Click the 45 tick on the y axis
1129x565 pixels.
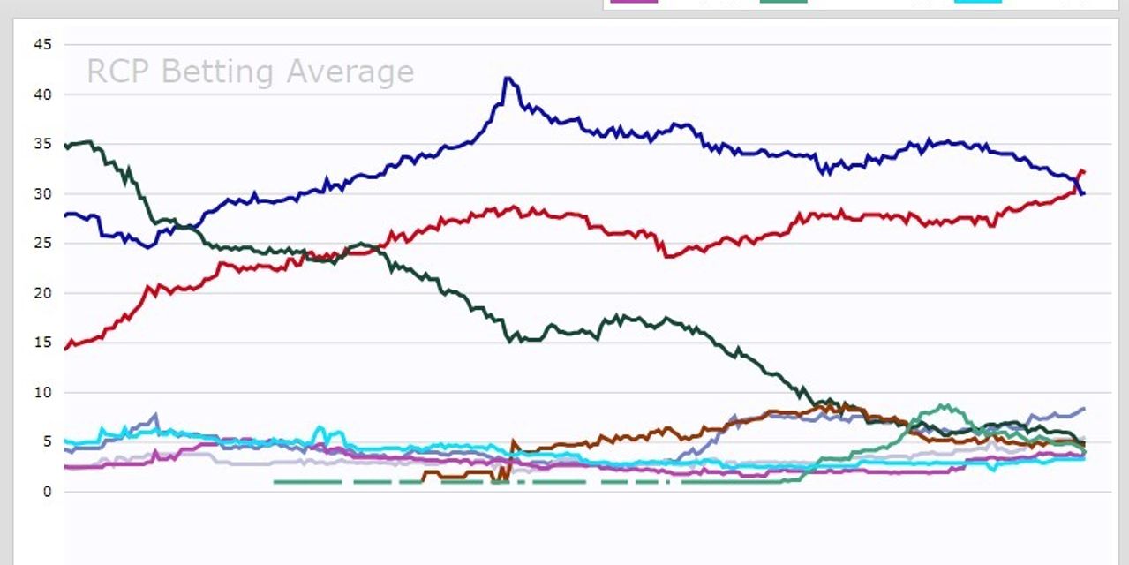tap(41, 44)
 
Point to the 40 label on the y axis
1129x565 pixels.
tap(41, 94)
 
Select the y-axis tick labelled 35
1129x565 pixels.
tap(41, 144)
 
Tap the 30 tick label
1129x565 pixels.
tap(41, 193)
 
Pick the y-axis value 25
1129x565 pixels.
tap(41, 244)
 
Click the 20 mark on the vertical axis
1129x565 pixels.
tap(41, 293)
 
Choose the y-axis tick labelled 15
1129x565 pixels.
tap(41, 343)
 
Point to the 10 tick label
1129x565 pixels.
tap(41, 392)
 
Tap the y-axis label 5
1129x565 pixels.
tap(46, 442)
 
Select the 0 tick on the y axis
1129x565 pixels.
tap(46, 492)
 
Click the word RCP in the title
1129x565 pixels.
tap(119, 72)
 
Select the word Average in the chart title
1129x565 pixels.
tap(350, 72)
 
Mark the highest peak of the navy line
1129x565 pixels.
tap(507, 78)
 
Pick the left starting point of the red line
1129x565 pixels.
tap(64, 349)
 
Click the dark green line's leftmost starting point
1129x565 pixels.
tap(64, 146)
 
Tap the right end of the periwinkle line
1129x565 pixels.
tap(1084, 409)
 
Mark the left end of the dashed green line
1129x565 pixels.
tap(275, 482)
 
